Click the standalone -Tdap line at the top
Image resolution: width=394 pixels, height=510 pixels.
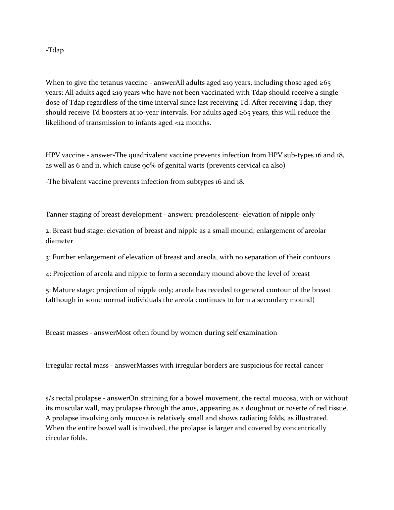click(55, 50)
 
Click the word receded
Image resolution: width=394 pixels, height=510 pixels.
click(220, 290)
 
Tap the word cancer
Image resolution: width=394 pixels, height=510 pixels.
click(313, 366)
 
